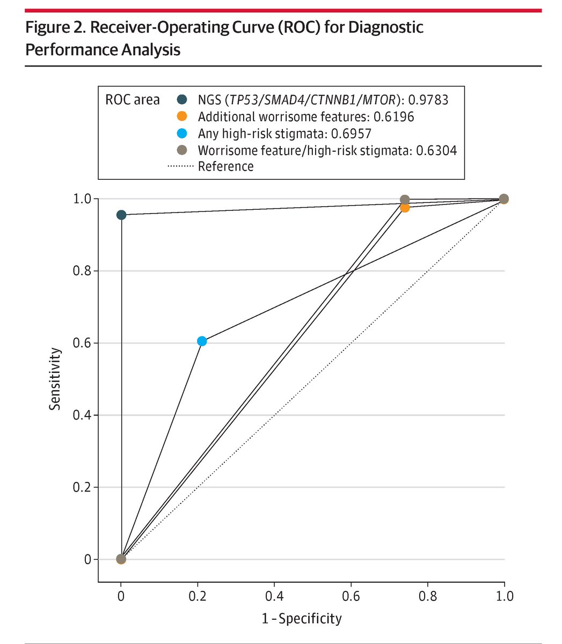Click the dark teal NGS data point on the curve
pos(121,215)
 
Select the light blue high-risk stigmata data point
pos(202,341)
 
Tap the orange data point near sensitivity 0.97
pos(405,208)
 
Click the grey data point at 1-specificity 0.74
pos(405,200)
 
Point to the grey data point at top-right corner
pos(503,199)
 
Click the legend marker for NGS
pos(182,99)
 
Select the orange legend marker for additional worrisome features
pos(182,116)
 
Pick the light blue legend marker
pos(182,133)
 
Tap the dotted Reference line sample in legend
pos(181,166)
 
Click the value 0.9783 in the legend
pos(427,99)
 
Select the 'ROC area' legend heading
pos(132,99)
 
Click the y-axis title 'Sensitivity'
pos(55,379)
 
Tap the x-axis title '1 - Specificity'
pos(302,618)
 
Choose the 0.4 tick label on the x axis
pos(274,596)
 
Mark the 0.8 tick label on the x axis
pos(427,596)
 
